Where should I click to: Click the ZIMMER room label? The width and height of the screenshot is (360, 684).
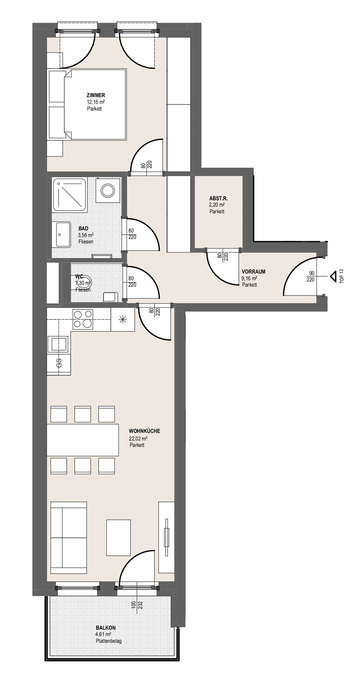[96, 96]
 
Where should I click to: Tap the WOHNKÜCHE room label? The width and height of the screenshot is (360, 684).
[145, 431]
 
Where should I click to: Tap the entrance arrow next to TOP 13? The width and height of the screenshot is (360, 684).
[332, 276]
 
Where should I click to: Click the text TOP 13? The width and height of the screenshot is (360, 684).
[342, 277]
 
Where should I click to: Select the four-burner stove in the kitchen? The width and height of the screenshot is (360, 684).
[83, 319]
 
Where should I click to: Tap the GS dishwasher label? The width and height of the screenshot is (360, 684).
[59, 363]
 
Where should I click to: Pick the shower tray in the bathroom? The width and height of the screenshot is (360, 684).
[70, 195]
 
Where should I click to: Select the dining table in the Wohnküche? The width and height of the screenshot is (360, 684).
[83, 440]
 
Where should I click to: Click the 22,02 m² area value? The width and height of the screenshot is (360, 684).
[139, 438]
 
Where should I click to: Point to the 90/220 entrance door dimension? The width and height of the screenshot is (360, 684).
[310, 276]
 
